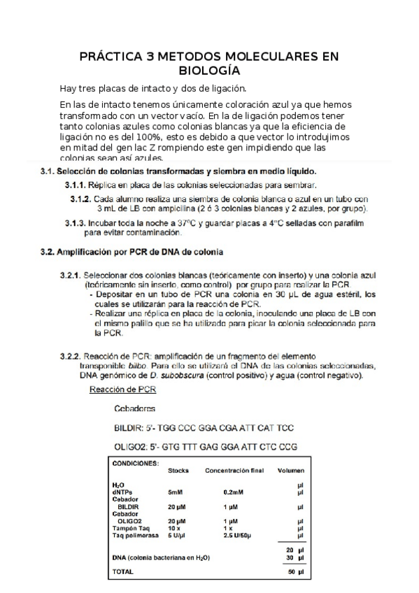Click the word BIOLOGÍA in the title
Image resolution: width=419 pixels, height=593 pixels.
pyautogui.click(x=209, y=71)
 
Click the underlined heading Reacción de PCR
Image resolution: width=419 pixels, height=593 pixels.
pyautogui.click(x=123, y=389)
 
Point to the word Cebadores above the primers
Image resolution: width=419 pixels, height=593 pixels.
pyautogui.click(x=134, y=408)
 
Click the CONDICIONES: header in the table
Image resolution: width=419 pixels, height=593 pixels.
pyautogui.click(x=135, y=462)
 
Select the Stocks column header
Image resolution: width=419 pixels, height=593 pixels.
pyautogui.click(x=178, y=471)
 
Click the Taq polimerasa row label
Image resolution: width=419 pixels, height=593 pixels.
pyautogui.click(x=135, y=534)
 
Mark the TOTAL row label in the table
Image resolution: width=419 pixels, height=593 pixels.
pyautogui.click(x=123, y=571)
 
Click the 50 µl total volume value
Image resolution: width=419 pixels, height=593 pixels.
pyautogui.click(x=296, y=571)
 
